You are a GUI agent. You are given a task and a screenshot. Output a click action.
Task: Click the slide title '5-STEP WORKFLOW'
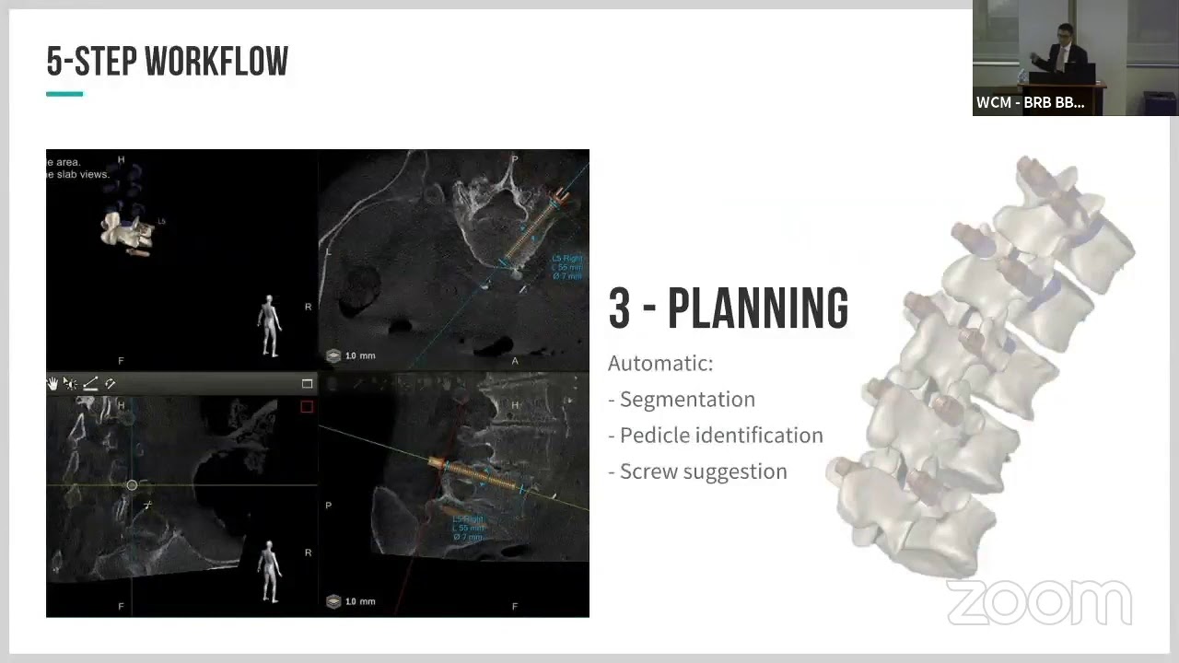[x=167, y=62]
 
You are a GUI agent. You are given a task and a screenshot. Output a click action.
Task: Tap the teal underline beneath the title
[x=64, y=94]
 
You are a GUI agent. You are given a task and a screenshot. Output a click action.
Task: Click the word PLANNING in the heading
[x=757, y=309]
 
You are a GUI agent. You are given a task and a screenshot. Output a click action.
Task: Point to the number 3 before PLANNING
[x=619, y=309]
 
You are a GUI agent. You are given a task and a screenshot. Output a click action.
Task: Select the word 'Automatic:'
[x=660, y=363]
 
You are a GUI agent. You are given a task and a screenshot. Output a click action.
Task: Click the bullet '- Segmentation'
[x=682, y=399]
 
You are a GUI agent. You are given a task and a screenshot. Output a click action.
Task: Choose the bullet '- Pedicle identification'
[x=716, y=435]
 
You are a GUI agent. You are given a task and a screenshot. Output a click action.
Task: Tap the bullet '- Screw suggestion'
[x=697, y=471]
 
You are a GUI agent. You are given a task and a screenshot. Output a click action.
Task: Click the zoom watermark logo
[x=1039, y=603]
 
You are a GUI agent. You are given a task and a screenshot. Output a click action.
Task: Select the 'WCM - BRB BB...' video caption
[x=1030, y=102]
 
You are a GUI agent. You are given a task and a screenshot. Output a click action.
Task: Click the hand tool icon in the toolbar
[x=53, y=384]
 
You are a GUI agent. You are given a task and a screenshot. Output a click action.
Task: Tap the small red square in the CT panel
[x=307, y=407]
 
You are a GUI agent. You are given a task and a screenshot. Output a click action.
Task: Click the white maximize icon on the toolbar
[x=307, y=384]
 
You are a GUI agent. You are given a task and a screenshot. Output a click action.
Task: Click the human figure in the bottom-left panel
[x=269, y=571]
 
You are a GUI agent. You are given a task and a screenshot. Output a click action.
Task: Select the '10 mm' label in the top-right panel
[x=359, y=355]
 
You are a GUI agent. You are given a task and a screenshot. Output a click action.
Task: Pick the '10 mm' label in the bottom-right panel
[x=359, y=601]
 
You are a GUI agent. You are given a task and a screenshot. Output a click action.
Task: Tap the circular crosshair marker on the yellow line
[x=132, y=485]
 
